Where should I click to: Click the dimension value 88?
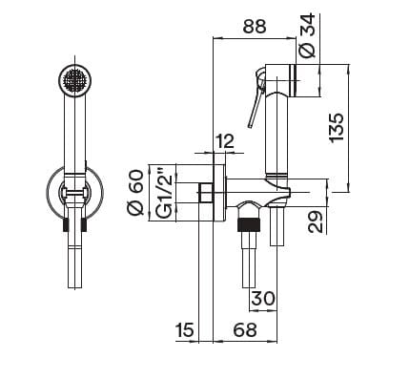coord(255,29)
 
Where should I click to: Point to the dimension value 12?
coord(225,141)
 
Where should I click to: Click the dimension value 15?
coord(186,330)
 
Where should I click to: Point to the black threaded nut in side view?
coord(249,227)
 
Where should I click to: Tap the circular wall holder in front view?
coord(73,191)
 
